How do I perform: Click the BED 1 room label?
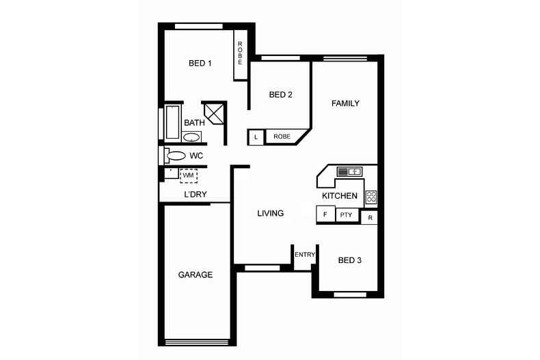tap(200, 64)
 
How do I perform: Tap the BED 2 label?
tap(280, 95)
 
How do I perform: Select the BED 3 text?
tap(349, 260)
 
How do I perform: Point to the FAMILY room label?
tap(345, 103)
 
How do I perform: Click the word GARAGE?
tap(195, 275)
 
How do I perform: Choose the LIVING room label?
tap(271, 213)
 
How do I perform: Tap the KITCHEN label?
tap(340, 196)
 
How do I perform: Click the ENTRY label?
tap(305, 255)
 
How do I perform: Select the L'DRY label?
tap(195, 194)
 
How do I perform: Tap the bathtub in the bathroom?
tap(172, 122)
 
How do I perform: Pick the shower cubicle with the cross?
tap(214, 113)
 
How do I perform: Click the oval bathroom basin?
tap(191, 138)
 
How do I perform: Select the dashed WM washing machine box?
tap(189, 176)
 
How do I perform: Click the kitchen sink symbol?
tap(349, 171)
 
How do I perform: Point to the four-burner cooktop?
tap(371, 197)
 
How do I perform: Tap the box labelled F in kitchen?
tap(325, 214)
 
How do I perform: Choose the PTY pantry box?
tap(347, 215)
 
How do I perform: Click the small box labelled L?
tap(256, 137)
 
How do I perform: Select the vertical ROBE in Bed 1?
tap(241, 55)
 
